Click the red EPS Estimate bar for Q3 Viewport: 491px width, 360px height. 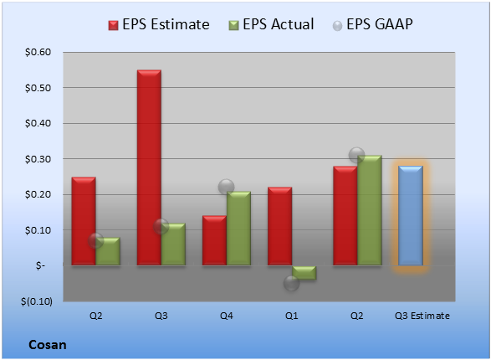click(x=149, y=167)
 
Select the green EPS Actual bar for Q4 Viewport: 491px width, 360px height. click(x=238, y=229)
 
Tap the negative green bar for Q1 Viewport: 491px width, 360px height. click(x=304, y=273)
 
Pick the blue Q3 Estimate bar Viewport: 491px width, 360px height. click(x=411, y=216)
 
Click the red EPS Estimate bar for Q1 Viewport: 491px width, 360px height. click(x=280, y=226)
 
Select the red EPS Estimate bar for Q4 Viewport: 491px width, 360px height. click(x=214, y=240)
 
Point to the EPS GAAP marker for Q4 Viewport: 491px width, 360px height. click(x=226, y=187)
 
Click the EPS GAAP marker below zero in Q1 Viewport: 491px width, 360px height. click(x=292, y=283)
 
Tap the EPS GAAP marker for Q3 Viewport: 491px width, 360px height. click(x=161, y=226)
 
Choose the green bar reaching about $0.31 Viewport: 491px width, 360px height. click(x=370, y=210)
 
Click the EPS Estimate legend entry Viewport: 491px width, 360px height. click(x=159, y=24)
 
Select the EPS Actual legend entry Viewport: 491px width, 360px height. click(x=271, y=24)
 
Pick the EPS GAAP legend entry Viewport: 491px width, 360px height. click(x=372, y=24)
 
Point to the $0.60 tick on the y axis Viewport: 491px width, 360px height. click(x=38, y=52)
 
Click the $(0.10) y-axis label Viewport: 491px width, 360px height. click(x=37, y=301)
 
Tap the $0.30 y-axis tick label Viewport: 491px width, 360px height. click(x=38, y=159)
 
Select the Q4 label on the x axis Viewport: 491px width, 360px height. click(x=227, y=316)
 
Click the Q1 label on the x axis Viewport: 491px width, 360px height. click(x=292, y=316)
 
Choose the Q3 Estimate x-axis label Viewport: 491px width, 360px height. click(x=422, y=316)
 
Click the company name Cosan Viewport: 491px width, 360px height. click(x=48, y=345)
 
